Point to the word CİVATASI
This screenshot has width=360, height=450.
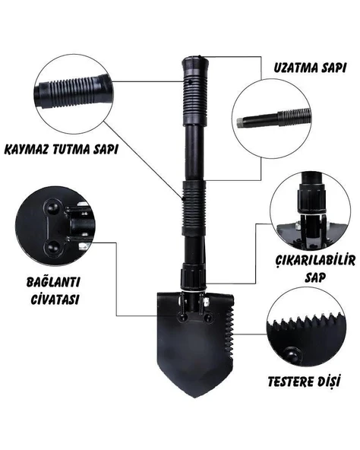pos(55,299)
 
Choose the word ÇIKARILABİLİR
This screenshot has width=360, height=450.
pos(315,260)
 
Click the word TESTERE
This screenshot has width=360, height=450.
pos(289,382)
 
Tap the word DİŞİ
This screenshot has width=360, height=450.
pos(327,382)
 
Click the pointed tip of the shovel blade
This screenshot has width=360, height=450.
pos(195,398)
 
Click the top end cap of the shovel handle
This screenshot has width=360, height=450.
pos(194,65)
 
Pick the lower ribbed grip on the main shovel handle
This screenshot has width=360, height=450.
pos(194,208)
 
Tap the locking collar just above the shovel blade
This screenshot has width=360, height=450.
pos(193,278)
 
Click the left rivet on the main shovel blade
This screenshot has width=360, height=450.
pos(182,317)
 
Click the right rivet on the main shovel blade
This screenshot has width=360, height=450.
pos(207,318)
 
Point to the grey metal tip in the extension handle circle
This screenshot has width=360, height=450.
pos(241,122)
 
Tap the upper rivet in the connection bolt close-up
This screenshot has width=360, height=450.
pos(52,208)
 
